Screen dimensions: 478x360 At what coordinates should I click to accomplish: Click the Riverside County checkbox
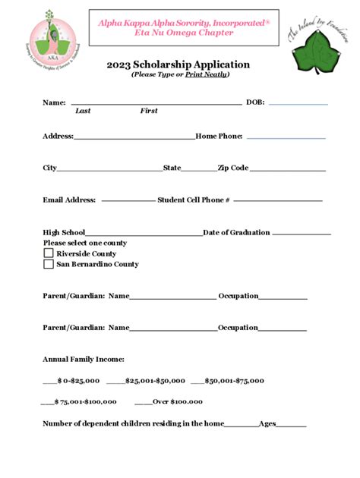point(49,253)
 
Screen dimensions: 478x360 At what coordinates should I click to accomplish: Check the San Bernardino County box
point(49,264)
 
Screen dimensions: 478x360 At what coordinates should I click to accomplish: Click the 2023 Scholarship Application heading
point(179,64)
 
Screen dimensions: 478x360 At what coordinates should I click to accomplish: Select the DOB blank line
point(298,102)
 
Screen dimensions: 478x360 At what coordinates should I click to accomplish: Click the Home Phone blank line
point(286,138)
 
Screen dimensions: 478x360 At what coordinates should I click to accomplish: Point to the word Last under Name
point(83,112)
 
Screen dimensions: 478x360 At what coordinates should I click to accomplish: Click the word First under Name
point(149,112)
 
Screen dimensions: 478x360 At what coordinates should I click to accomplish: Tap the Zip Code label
point(233,168)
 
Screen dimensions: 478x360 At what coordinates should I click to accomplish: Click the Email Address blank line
point(128,200)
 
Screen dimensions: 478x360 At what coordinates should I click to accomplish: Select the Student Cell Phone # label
point(194,200)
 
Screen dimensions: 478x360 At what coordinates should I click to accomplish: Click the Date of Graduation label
point(236,233)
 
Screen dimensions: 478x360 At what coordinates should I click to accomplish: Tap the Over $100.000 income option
point(178,401)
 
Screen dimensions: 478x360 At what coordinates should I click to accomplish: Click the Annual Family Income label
point(84,359)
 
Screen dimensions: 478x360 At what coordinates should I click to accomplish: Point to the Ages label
point(267,423)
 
